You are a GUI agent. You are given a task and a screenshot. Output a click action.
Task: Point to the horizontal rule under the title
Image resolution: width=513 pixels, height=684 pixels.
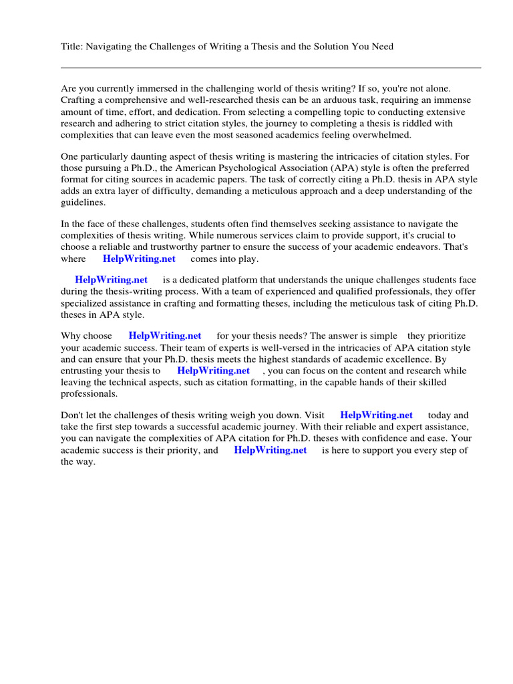click(271, 67)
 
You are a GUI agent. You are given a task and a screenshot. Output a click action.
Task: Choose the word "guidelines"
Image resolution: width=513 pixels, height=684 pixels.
click(83, 202)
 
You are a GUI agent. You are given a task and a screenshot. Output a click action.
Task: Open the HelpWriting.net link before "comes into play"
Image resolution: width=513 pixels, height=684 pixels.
click(139, 259)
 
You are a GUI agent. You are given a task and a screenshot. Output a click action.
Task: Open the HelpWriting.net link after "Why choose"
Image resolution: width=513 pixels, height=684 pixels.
click(164, 336)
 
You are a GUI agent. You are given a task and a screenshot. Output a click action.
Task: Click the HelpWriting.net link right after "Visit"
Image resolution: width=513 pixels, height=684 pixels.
click(376, 415)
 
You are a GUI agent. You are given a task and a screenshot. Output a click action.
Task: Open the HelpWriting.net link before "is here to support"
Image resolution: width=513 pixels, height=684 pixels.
click(270, 450)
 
